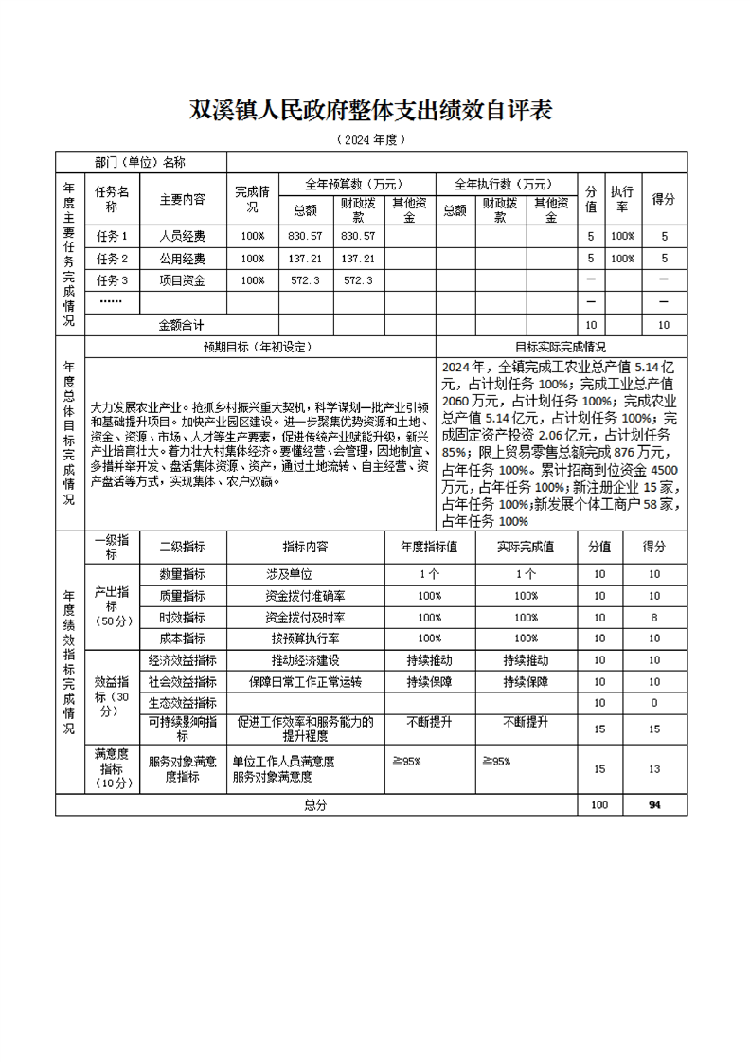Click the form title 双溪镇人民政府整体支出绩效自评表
pos(371,110)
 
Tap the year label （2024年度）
pos(371,139)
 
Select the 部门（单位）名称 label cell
pos(140,162)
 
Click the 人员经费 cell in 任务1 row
pos(182,236)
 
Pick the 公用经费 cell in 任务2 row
pos(182,259)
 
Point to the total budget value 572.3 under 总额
pos(305,280)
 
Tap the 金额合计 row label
pos(182,325)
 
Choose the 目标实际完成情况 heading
pos(561,347)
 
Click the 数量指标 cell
pos(182,574)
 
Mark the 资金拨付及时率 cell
pos(305,618)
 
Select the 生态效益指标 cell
pos(182,703)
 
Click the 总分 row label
pos(314,805)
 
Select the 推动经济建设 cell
pos(305,660)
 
